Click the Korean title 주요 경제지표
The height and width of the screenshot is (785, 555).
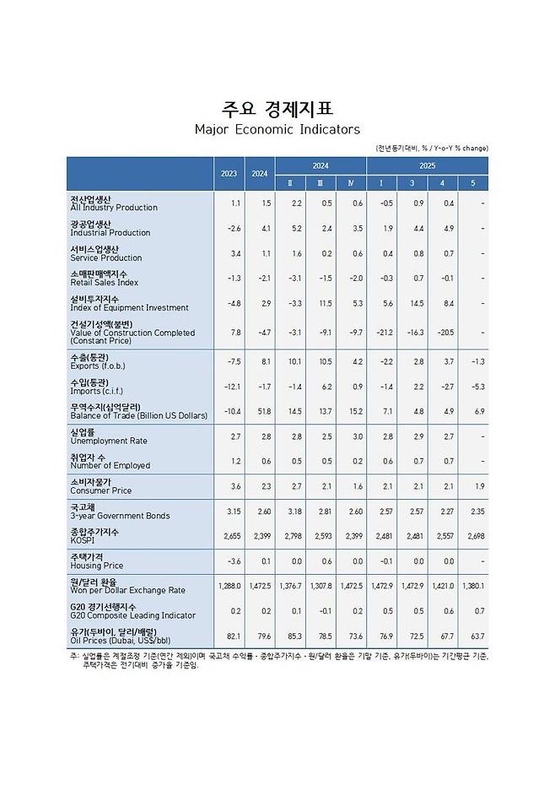point(277,109)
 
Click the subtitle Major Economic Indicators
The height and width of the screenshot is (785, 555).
point(277,129)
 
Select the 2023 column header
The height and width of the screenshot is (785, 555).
point(229,173)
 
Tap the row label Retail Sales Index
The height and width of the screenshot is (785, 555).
point(105,283)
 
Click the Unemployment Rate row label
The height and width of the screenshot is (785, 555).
point(110,441)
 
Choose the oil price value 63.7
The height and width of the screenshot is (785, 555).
point(477,636)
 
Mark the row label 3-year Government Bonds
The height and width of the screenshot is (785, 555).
point(120,516)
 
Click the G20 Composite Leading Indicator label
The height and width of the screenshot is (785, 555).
point(132,615)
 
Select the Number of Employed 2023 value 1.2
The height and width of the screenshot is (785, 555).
point(235,461)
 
